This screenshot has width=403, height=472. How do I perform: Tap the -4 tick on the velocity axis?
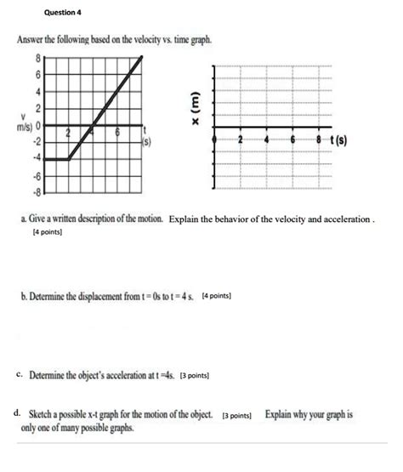(35, 157)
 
